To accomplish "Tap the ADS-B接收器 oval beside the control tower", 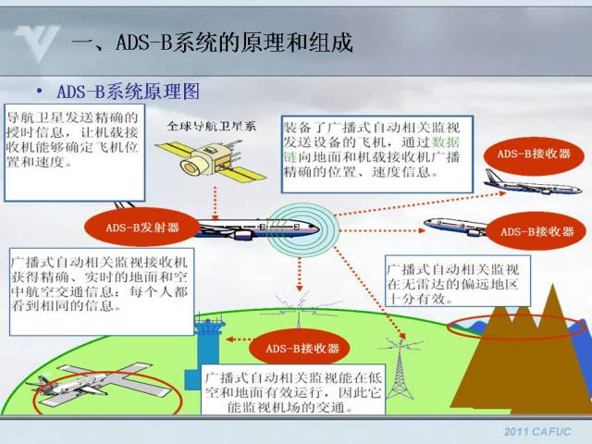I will click(294, 349).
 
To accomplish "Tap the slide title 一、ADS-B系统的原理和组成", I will click(212, 43).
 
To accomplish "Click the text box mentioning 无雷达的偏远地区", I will click(457, 283).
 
